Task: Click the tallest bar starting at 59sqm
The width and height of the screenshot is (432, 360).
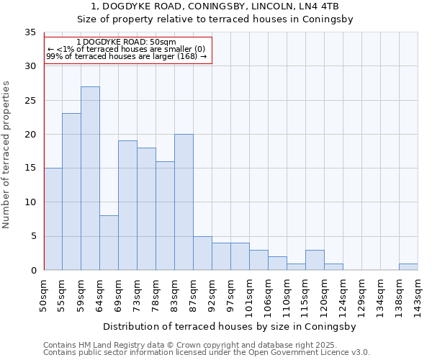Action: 90,179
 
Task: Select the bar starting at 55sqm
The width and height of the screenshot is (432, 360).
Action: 71,192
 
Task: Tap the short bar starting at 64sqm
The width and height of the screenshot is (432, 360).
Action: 109,243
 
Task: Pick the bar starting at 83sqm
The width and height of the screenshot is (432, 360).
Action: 184,202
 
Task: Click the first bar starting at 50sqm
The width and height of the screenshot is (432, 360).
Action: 53,219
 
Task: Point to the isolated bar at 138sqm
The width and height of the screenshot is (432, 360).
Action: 408,266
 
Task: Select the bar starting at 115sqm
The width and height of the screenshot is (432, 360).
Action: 315,260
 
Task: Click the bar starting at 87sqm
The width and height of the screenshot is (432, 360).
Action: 202,253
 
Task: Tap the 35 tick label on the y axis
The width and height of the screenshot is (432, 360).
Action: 30,32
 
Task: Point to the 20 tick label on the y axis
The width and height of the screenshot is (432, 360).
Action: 30,135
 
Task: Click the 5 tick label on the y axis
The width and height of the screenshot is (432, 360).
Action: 32,236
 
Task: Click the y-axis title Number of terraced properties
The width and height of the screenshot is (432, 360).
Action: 6,155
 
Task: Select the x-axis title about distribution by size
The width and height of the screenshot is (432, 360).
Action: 231,326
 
